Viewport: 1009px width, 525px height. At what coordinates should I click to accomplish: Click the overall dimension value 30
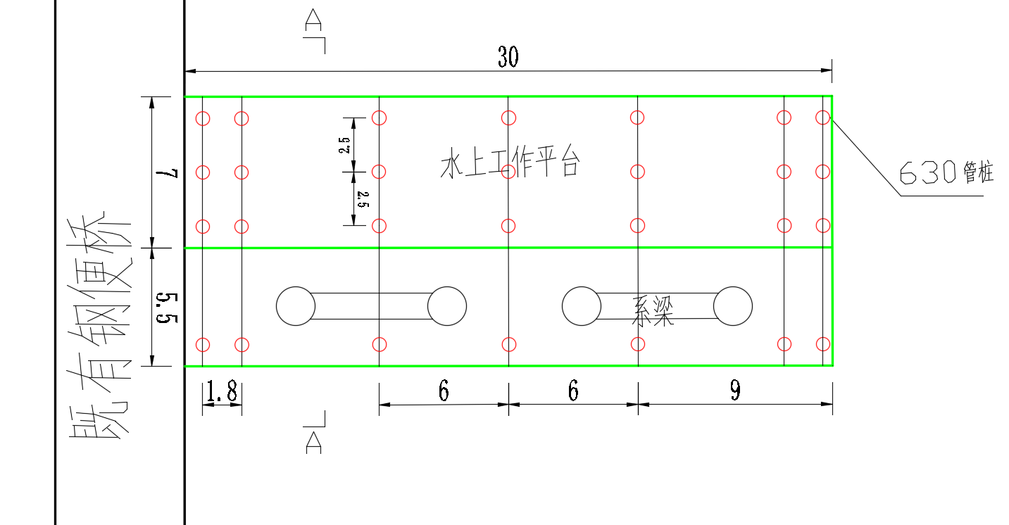[x=508, y=57]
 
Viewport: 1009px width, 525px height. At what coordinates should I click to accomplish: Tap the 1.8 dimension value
[x=222, y=393]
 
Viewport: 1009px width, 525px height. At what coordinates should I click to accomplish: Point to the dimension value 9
[x=735, y=391]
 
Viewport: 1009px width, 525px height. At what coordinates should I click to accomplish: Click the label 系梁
[x=652, y=311]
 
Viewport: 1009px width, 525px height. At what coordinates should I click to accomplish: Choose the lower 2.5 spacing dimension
[x=363, y=199]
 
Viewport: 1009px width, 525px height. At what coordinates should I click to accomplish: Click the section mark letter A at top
[x=313, y=20]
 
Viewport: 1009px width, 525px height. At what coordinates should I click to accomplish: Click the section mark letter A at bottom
[x=313, y=442]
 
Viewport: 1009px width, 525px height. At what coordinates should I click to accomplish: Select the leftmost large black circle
[x=296, y=306]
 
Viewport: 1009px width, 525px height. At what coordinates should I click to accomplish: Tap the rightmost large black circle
[x=733, y=306]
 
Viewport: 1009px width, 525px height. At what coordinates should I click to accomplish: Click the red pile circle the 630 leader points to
[x=822, y=118]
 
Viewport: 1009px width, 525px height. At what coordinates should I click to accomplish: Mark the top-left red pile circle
[x=203, y=118]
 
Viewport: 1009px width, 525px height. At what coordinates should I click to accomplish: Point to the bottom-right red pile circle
[x=822, y=344]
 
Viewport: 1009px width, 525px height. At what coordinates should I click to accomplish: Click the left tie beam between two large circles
[x=371, y=306]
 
